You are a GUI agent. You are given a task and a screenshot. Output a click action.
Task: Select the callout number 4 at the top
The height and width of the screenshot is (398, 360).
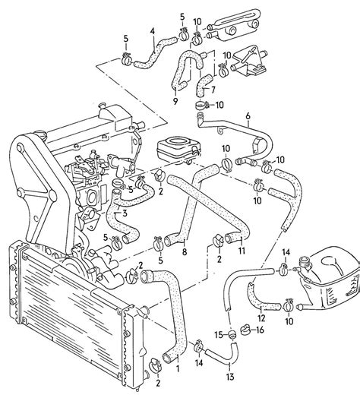tap(152, 31)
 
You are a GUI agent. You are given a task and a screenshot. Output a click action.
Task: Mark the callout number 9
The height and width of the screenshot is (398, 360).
tap(175, 99)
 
